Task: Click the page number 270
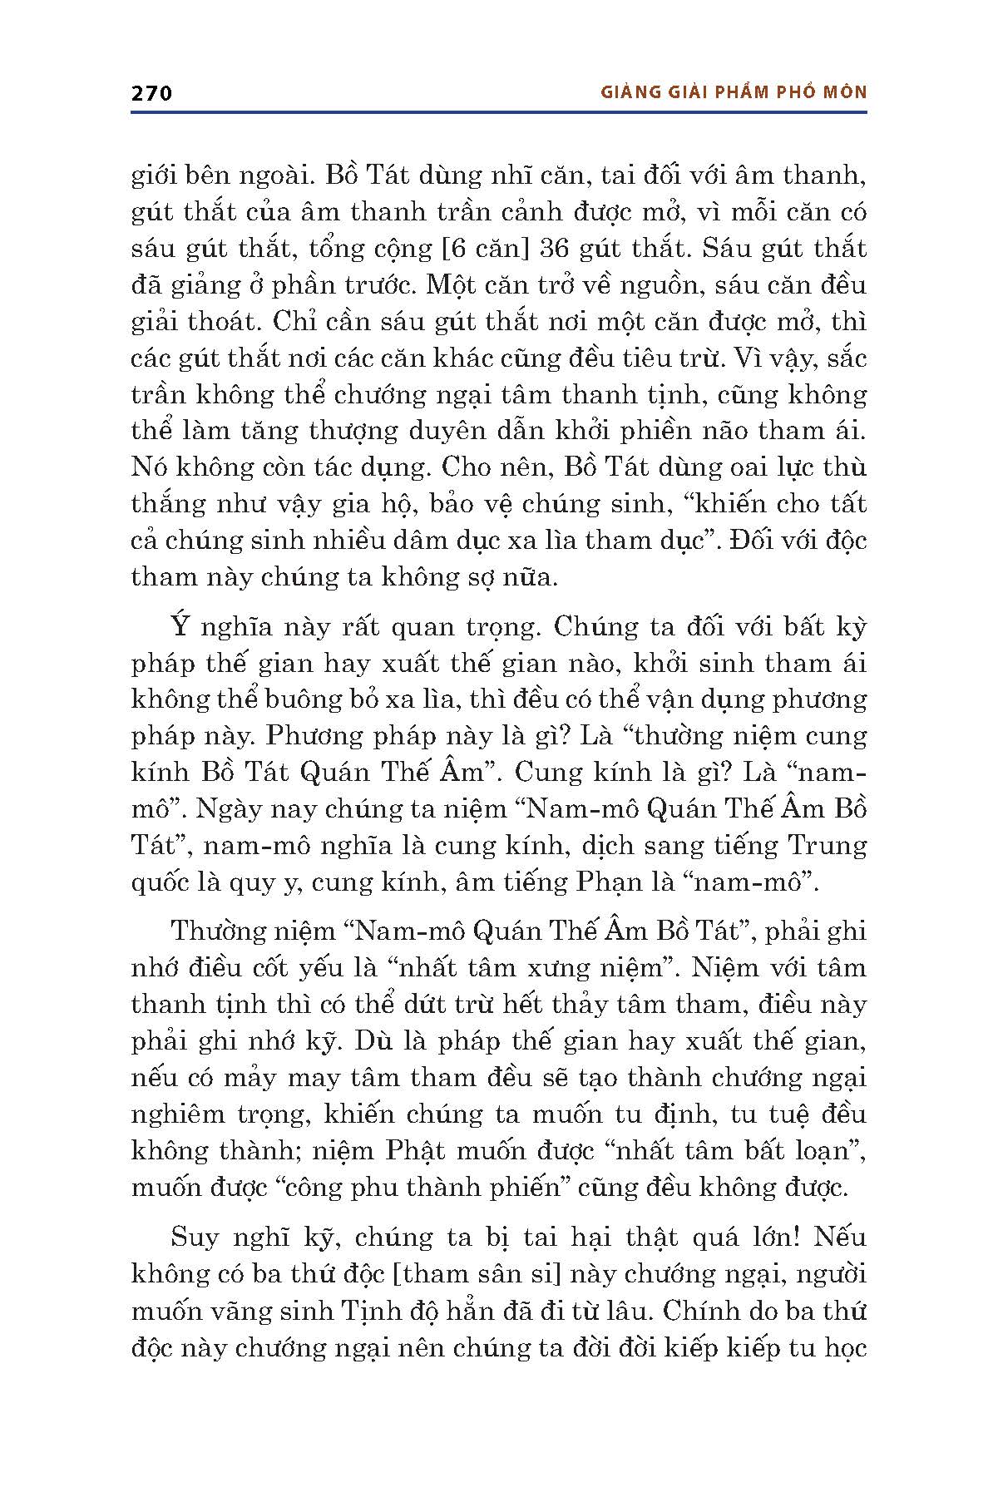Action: tap(151, 93)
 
